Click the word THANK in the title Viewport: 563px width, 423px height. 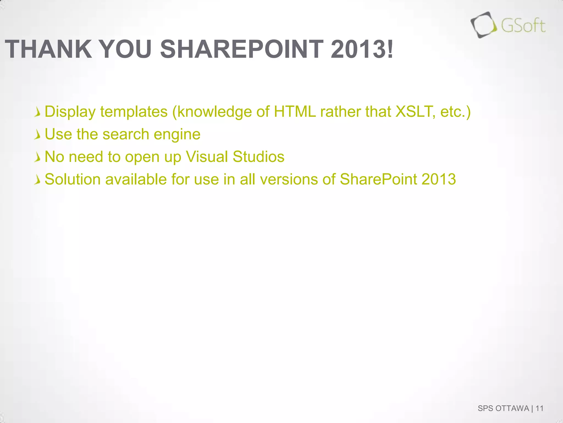pyautogui.click(x=48, y=49)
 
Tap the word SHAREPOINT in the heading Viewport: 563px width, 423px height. pyautogui.click(x=242, y=49)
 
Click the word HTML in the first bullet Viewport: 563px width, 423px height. pyautogui.click(x=295, y=112)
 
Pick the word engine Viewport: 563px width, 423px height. pyautogui.click(x=177, y=135)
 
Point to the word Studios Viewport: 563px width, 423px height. pyautogui.click(x=258, y=157)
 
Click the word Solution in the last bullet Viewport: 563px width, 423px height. pyautogui.click(x=73, y=180)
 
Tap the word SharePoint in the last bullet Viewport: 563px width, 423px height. pyautogui.click(x=379, y=180)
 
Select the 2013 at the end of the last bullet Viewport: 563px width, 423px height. pyautogui.click(x=439, y=180)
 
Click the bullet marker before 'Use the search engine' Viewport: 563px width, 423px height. pyautogui.click(x=37, y=135)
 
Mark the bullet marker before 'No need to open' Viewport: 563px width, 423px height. pyautogui.click(x=37, y=158)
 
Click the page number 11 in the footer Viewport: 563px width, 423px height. pyautogui.click(x=540, y=408)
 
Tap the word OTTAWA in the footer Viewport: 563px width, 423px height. pyautogui.click(x=512, y=408)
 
